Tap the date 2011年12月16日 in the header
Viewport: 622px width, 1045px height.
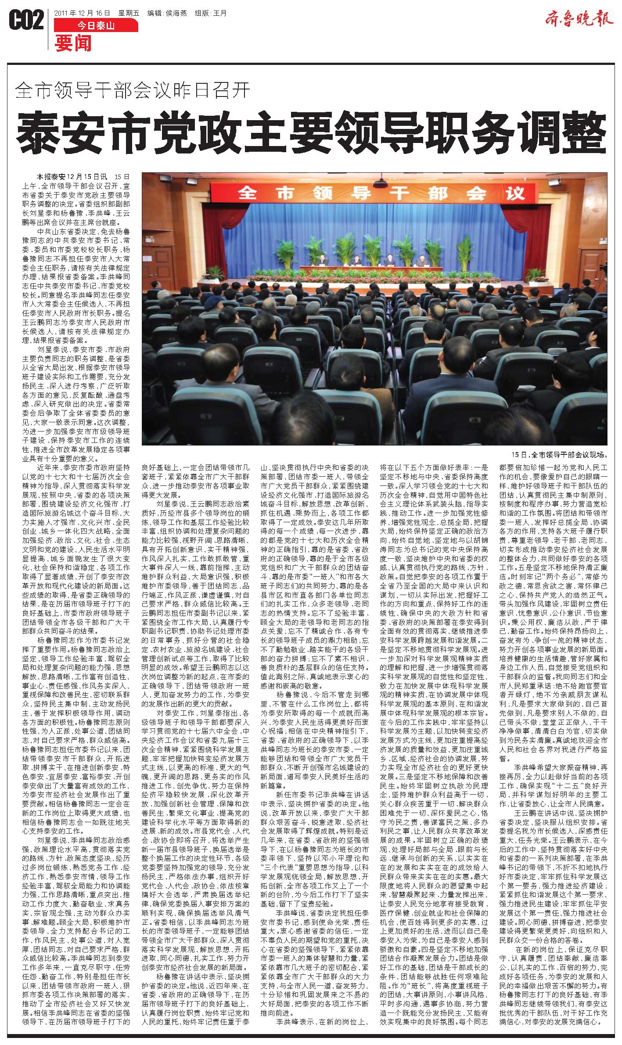tap(82, 13)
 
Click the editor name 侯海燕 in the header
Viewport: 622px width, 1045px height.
tap(175, 13)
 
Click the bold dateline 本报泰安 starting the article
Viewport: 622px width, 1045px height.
tap(51, 177)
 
